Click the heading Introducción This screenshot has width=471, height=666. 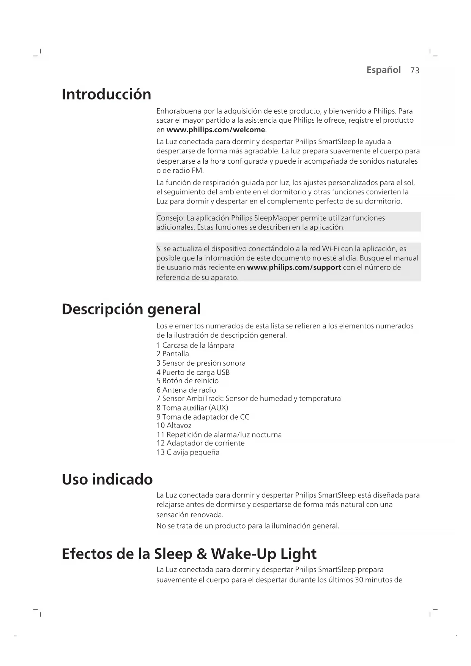point(106,94)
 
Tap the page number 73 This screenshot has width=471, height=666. point(415,71)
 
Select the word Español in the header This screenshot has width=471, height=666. point(383,70)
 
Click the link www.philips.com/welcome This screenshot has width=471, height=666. point(216,130)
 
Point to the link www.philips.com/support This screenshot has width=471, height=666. point(294,267)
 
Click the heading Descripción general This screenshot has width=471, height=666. point(131,309)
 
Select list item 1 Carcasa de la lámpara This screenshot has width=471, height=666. point(195,346)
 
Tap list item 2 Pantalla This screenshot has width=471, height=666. point(173,354)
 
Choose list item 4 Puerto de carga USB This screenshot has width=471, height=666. point(193,372)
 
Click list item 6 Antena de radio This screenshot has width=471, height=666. point(186,390)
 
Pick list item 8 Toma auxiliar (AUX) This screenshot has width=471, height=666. point(192,408)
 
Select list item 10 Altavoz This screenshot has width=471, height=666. point(174,426)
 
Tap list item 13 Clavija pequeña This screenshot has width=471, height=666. point(188,453)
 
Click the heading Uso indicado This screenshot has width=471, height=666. point(107,480)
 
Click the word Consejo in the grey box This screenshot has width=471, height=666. point(169,218)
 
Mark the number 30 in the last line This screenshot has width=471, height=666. point(359,580)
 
